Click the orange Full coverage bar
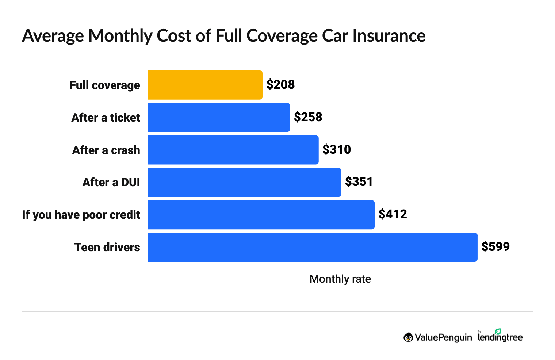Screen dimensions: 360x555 pos(205,85)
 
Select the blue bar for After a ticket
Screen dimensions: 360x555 pos(219,118)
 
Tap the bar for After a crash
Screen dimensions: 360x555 pos(233,150)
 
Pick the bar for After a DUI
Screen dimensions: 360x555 pos(245,182)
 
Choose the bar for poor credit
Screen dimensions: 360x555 pos(261,215)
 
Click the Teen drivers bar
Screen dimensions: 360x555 pos(313,247)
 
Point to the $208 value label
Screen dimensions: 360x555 pos(280,85)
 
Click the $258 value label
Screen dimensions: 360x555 pos(308,117)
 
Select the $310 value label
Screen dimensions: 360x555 pos(336,150)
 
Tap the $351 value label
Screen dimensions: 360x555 pos(359,182)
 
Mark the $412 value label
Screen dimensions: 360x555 pos(393,214)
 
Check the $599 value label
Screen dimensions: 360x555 pos(495,247)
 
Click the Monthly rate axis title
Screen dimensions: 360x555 pos(340,279)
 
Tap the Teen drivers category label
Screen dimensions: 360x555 pos(107,247)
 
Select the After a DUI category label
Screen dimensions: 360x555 pos(111,182)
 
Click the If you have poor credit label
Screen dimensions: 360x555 pos(81,215)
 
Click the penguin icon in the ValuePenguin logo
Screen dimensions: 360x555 pos(408,337)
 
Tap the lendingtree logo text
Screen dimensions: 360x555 pos(500,337)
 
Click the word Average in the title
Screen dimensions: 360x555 pos(53,36)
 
